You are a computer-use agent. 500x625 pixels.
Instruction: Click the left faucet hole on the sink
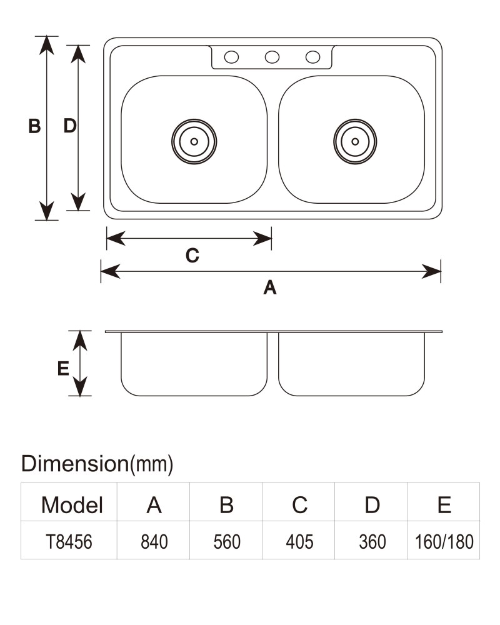point(231,57)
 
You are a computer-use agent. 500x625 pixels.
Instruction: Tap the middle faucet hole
point(272,57)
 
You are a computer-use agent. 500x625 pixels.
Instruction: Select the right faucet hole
point(312,57)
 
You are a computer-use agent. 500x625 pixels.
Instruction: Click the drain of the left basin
point(194,141)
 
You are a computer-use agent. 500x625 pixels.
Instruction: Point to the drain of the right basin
point(355,141)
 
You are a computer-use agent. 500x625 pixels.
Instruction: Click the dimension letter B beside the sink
point(35,126)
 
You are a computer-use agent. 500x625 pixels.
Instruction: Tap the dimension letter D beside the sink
point(70,126)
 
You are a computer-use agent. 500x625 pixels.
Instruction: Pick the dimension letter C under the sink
point(192,256)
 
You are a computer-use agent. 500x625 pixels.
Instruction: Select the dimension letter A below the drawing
point(270,287)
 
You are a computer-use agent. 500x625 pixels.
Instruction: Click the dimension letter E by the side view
point(63,369)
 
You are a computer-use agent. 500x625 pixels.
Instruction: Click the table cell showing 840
point(154,542)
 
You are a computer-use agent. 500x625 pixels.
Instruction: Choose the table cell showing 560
point(227,542)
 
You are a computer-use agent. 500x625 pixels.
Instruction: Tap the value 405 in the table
point(299,542)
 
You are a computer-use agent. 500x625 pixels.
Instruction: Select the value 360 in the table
point(372,542)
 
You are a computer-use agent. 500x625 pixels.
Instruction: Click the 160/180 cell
point(444,542)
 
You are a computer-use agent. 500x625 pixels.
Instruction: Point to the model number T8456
point(69,542)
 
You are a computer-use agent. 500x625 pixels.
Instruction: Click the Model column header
point(72,505)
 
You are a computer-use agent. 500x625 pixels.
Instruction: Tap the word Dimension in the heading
point(74,464)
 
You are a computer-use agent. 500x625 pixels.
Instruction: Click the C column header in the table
point(299,505)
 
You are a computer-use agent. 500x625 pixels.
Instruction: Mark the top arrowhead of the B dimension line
point(47,44)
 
